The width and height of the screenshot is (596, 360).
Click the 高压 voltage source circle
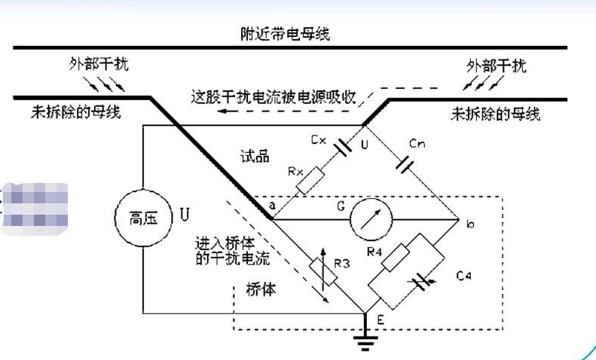(x=144, y=221)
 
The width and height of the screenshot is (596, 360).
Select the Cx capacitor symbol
(x=341, y=146)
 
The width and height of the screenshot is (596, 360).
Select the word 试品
(x=257, y=155)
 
